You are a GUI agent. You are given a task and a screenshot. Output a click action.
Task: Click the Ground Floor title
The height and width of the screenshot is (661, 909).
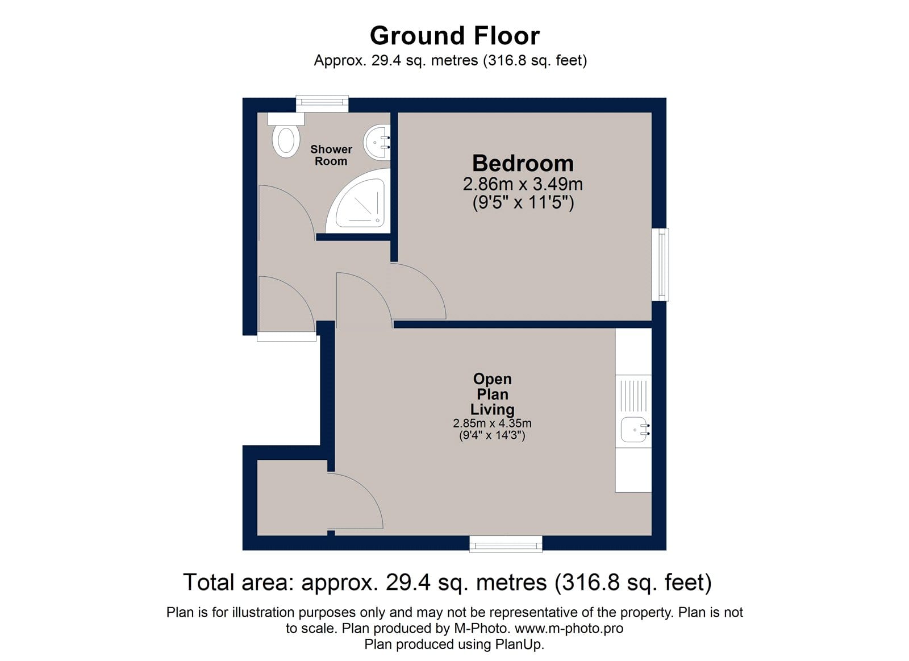click(x=454, y=36)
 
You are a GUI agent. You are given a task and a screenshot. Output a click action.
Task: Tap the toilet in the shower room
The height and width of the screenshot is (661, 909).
click(x=286, y=136)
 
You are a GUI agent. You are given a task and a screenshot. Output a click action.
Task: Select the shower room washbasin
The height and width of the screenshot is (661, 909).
click(x=377, y=143)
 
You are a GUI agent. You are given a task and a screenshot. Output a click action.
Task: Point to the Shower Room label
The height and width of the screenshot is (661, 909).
click(x=331, y=155)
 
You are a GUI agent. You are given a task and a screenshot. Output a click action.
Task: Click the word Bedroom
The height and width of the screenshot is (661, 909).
click(x=523, y=163)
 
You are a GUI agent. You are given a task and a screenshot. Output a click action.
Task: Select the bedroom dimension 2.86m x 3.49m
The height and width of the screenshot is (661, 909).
click(x=523, y=184)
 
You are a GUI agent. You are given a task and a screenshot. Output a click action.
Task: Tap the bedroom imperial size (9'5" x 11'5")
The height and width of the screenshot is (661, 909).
click(x=523, y=202)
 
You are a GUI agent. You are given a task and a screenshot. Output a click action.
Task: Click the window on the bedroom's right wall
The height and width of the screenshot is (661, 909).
click(x=660, y=265)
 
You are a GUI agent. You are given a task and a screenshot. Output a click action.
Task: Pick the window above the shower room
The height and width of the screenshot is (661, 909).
click(x=322, y=103)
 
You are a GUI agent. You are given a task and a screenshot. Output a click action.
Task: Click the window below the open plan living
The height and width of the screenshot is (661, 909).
click(x=506, y=544)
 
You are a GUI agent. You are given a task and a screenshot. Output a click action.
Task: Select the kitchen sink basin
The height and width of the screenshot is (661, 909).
click(x=635, y=430)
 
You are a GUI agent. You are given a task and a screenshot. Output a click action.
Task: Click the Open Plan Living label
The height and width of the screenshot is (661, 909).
click(x=493, y=394)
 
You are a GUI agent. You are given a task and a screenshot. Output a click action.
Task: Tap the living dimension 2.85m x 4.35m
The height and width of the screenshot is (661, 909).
click(x=492, y=423)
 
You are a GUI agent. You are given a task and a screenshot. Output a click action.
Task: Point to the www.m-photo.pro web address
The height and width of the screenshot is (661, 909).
click(x=569, y=629)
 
